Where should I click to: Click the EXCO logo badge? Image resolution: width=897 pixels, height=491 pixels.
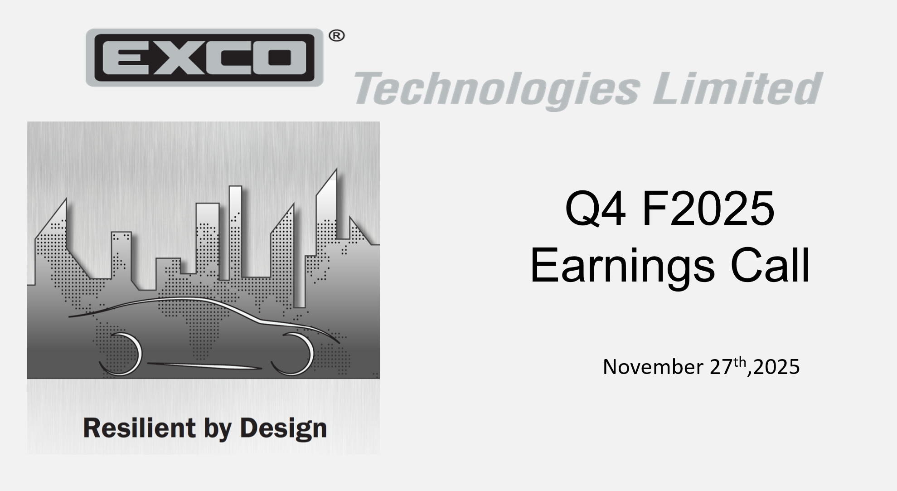(204, 58)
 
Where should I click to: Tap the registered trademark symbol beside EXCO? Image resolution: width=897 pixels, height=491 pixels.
(336, 35)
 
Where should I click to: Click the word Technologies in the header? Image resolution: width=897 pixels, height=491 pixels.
(496, 89)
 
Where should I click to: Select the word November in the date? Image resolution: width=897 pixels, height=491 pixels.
(653, 367)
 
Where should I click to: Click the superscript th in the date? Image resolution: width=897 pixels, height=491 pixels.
(740, 362)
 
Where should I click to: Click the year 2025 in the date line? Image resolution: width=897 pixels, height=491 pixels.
(776, 367)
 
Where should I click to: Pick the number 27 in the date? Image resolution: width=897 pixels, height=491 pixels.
(721, 367)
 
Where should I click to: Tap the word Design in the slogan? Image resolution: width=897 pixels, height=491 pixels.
(283, 428)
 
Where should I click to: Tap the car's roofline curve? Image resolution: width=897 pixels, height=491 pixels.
(190, 299)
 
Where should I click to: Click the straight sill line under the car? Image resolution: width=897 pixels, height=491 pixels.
(204, 365)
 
